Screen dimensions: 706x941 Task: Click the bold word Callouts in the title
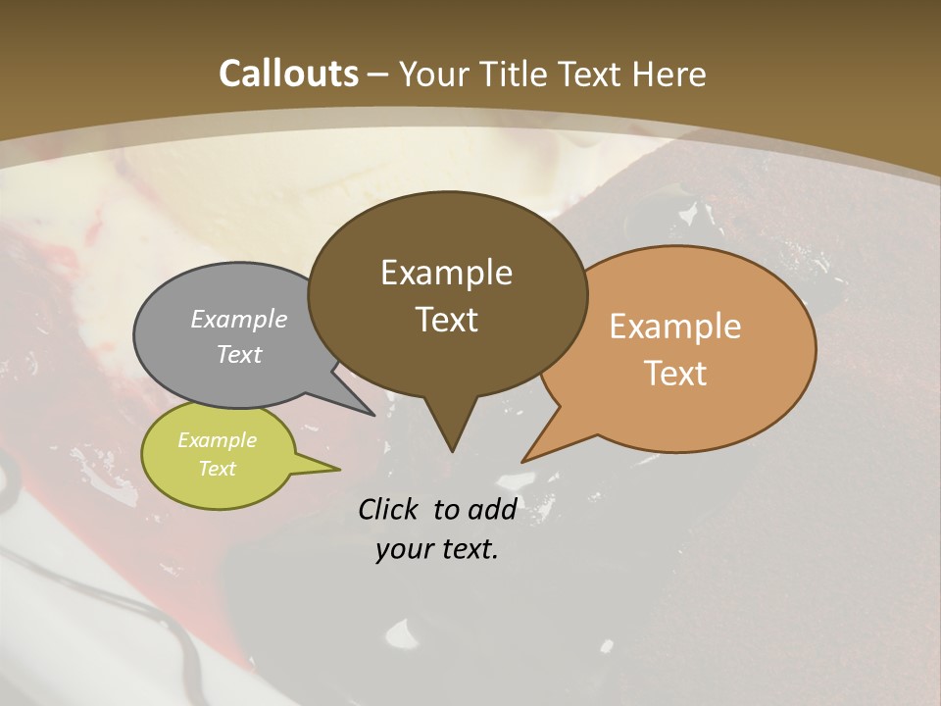coord(288,74)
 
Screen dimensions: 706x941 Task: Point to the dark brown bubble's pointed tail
coord(451,431)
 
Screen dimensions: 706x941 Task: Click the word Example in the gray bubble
coord(239,319)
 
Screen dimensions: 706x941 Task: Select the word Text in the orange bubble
coord(675,374)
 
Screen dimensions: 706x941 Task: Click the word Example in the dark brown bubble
coord(446,273)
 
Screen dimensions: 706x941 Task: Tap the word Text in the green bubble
coord(218,469)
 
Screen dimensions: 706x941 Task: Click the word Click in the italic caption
coord(390,509)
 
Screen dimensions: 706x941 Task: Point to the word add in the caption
coord(492,509)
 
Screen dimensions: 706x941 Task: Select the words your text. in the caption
coord(437,550)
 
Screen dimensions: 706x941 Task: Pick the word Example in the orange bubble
coord(675,327)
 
